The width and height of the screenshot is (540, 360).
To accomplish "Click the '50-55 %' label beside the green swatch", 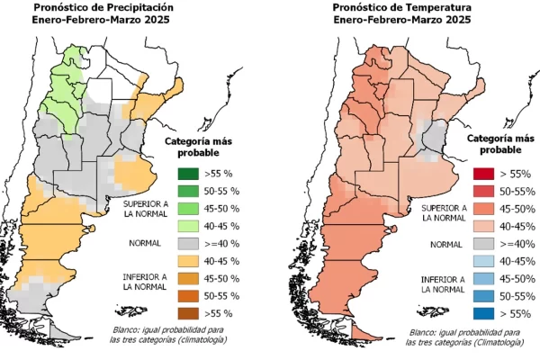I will tap(221, 191).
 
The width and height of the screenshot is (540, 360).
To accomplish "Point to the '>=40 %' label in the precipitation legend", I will tap(221, 243).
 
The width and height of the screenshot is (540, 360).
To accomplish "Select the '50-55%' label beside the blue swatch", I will tap(517, 295).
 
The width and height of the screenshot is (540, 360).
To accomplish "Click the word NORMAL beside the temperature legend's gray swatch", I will tap(446, 244).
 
